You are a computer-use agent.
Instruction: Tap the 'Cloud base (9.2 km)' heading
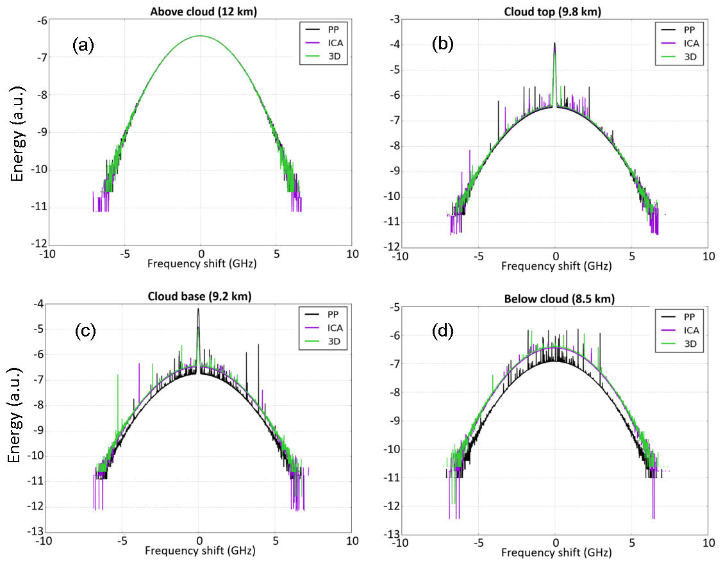[199, 296]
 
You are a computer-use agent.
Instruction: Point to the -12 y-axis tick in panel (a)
[40, 244]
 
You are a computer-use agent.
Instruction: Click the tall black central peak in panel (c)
[198, 310]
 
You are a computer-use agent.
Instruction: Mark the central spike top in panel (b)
[554, 44]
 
